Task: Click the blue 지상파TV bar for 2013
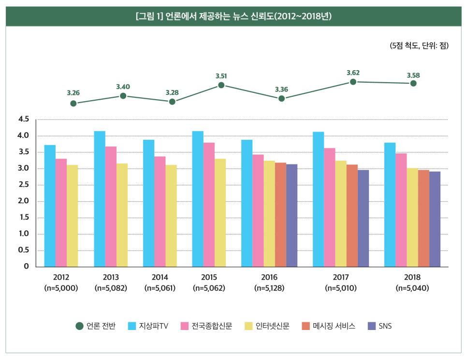(100, 198)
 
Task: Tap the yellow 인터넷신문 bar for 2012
(72, 215)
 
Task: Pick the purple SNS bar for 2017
(363, 218)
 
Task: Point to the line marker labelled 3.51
(221, 85)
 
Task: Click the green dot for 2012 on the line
(73, 103)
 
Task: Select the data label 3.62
(353, 73)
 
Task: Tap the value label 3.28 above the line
(172, 92)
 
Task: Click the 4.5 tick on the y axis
(24, 119)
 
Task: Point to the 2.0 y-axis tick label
(24, 201)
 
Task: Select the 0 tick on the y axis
(27, 267)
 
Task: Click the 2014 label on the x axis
(160, 278)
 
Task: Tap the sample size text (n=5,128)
(269, 288)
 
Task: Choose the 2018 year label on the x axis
(412, 278)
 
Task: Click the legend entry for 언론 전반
(96, 326)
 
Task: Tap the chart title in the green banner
(233, 16)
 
